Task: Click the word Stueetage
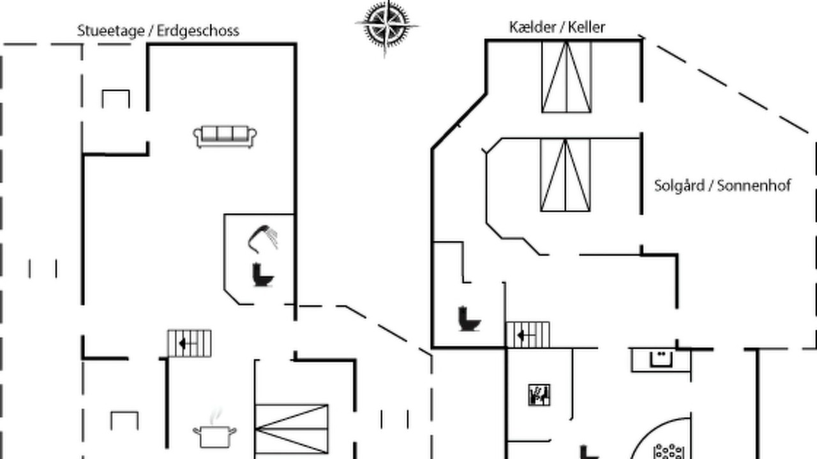(110, 31)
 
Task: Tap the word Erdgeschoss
(198, 31)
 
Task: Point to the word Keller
(587, 27)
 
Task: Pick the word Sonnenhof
(754, 186)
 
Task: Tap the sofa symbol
(225, 137)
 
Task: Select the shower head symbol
(262, 239)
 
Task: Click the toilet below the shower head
(262, 275)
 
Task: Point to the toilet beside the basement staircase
(468, 319)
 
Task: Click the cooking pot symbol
(214, 437)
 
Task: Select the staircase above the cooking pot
(190, 343)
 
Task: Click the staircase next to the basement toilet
(528, 335)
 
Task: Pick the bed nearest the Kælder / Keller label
(566, 77)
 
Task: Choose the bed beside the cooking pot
(292, 429)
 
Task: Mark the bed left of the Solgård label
(566, 175)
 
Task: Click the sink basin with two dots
(661, 359)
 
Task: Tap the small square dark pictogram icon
(539, 395)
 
